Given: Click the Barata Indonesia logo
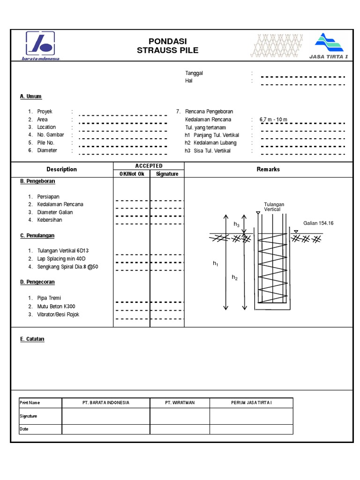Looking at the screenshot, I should click(x=40, y=45).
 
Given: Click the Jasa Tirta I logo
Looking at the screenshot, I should click(x=329, y=46).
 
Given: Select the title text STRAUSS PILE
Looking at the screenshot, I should click(x=167, y=51).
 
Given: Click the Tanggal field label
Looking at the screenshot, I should click(x=194, y=73).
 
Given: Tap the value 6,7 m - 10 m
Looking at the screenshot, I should click(x=273, y=120).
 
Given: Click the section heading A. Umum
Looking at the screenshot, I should click(x=31, y=97).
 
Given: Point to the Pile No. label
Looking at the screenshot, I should click(x=46, y=142).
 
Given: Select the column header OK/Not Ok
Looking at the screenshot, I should click(x=132, y=174).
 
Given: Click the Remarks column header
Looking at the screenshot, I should click(x=268, y=169).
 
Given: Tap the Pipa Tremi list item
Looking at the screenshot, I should click(x=49, y=298).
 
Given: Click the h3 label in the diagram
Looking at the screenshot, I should click(x=237, y=225).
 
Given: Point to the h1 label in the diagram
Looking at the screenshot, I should click(x=216, y=264).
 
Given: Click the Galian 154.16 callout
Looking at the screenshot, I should click(x=318, y=224).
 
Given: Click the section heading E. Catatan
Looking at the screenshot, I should click(x=32, y=339).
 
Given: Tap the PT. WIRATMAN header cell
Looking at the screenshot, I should click(x=180, y=403).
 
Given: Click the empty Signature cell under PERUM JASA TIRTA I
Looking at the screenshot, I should click(x=251, y=416).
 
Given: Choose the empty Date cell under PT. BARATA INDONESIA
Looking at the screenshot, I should click(x=106, y=429).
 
